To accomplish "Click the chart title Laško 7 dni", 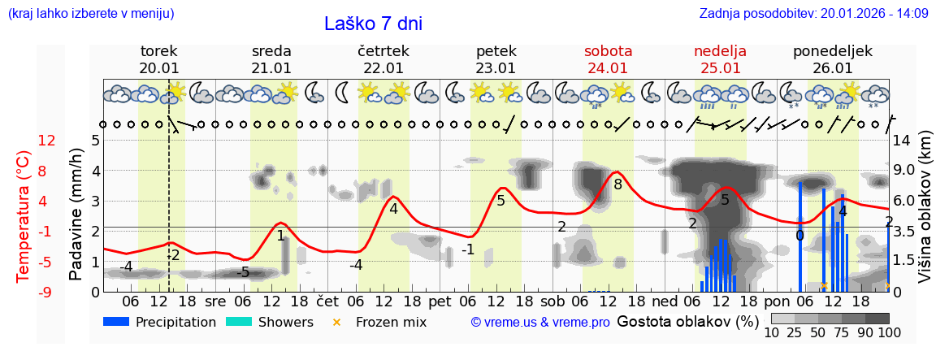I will pyautogui.click(x=373, y=24).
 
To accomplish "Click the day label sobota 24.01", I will pyautogui.click(x=608, y=59).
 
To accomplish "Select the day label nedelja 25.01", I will pyautogui.click(x=720, y=59).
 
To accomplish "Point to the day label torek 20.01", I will pyautogui.click(x=159, y=59).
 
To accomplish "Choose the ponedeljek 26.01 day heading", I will pyautogui.click(x=833, y=59).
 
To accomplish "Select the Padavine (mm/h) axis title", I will pyautogui.click(x=76, y=215).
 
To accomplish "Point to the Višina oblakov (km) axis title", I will pyautogui.click(x=925, y=215).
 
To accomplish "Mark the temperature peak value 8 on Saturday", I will pyautogui.click(x=617, y=184).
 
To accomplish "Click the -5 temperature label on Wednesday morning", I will pyautogui.click(x=242, y=272).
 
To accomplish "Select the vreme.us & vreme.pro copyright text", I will pyautogui.click(x=540, y=322).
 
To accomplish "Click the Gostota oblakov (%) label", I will pyautogui.click(x=687, y=321).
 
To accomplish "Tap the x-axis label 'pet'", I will pyautogui.click(x=440, y=300).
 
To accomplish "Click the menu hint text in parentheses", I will pyautogui.click(x=91, y=14).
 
